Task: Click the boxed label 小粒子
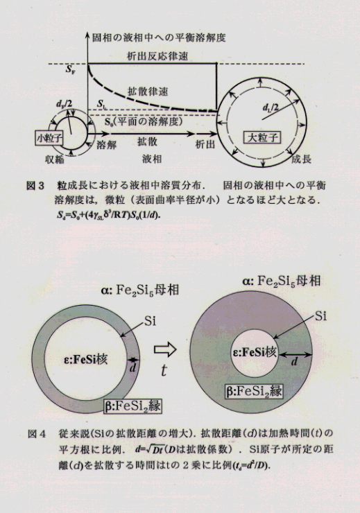49,138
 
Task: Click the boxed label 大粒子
262,137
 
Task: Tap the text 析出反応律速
157,56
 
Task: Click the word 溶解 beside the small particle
107,144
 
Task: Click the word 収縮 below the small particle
55,159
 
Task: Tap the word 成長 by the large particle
302,159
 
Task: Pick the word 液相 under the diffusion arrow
152,159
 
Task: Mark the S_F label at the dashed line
70,69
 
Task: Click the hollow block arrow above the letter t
165,349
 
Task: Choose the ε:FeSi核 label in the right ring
255,352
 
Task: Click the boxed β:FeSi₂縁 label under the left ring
132,406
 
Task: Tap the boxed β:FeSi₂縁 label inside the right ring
254,391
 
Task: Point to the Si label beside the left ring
150,321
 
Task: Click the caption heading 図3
35,186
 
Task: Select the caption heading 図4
36,433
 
